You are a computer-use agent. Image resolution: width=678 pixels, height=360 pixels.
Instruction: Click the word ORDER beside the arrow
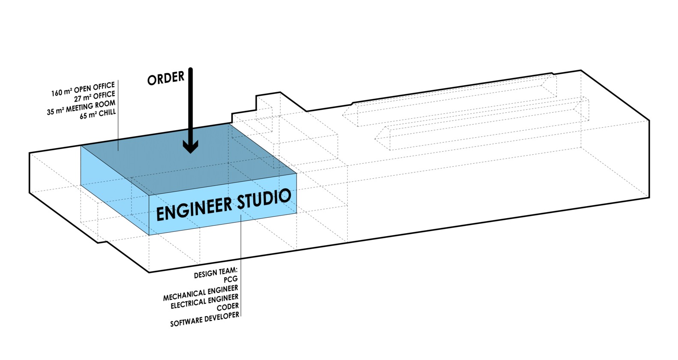pos(166,78)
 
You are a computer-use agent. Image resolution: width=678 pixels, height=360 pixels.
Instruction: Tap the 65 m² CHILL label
pos(98,114)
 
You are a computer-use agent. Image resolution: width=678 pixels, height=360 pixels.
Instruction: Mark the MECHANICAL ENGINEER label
pos(201,292)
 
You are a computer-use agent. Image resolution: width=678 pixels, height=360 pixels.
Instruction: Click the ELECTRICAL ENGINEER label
pos(204,301)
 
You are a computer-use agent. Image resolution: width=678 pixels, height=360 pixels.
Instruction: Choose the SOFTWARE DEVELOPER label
pos(204,319)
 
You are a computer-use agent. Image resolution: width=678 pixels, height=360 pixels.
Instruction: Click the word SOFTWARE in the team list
pos(186,321)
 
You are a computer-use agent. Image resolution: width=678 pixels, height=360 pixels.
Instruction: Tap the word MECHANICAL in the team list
pos(184,295)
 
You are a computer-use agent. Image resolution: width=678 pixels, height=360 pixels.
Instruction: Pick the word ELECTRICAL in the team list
pos(188,303)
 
